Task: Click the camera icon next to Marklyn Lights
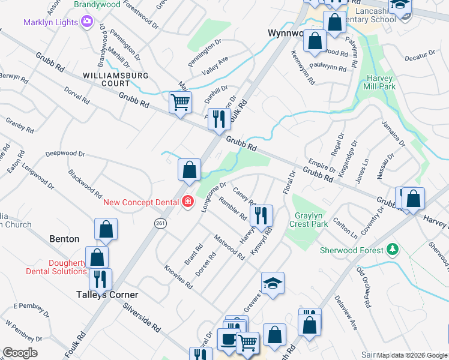tap(88, 23)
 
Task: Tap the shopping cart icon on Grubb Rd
tap(180, 102)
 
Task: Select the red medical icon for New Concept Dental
tap(188, 202)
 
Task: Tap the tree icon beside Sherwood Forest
tap(392, 248)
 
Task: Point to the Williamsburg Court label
tap(113, 79)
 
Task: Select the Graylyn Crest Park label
tap(310, 220)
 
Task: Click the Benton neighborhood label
tap(64, 239)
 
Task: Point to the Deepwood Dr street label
tap(65, 154)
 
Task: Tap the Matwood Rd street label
tap(229, 247)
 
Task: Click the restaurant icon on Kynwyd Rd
tap(261, 215)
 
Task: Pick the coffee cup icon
tap(228, 339)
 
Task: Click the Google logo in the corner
tap(20, 353)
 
